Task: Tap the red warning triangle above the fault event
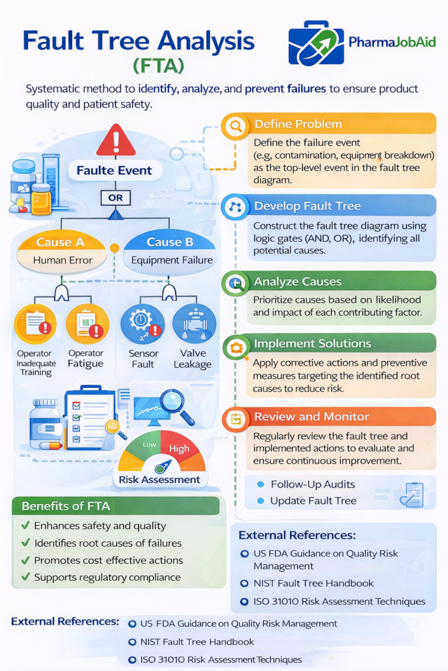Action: coord(115,140)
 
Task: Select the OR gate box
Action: coord(115,197)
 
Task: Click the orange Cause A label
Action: coord(60,242)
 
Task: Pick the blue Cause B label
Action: coord(170,242)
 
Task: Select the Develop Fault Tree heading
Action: coord(308,206)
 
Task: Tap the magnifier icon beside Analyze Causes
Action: coord(235,282)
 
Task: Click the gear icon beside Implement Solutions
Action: coord(235,345)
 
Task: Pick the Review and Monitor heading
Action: coord(312,417)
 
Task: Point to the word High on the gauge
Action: coord(179,449)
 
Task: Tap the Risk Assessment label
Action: coord(159,480)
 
